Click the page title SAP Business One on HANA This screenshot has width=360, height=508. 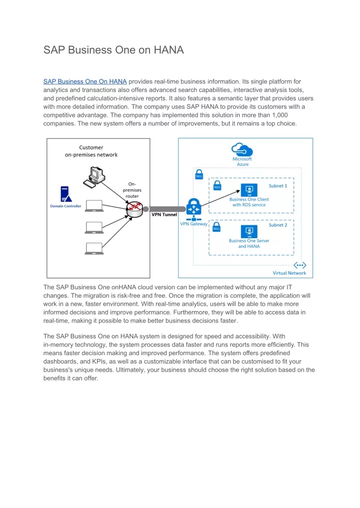click(113, 50)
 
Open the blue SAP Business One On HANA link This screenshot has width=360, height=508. click(85, 81)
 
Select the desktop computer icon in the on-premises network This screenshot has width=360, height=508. click(94, 177)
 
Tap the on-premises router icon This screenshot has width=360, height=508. click(134, 209)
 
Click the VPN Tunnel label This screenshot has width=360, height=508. click(164, 214)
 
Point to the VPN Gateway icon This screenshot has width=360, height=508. click(193, 209)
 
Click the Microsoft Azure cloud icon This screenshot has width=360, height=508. click(242, 149)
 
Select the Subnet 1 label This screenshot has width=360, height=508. click(278, 186)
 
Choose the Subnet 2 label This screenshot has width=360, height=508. click(278, 225)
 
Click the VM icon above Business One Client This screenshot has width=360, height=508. click(249, 190)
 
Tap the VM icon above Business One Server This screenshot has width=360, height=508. click(249, 232)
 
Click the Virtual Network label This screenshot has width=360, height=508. click(289, 273)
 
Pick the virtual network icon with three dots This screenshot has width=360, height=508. click(299, 265)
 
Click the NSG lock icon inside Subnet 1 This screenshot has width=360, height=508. click(217, 186)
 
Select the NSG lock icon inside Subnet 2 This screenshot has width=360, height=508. click(216, 227)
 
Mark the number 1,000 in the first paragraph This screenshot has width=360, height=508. click(280, 115)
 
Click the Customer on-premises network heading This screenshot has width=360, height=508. click(91, 151)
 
